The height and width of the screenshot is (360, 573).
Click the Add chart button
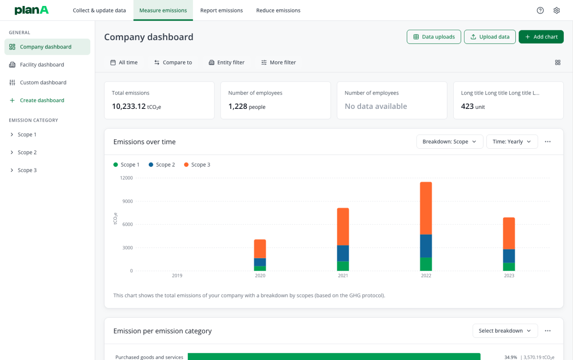541,37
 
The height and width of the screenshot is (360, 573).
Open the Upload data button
489,37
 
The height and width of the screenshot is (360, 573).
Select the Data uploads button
433,37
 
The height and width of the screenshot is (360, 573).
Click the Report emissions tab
221,10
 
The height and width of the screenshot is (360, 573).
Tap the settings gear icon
556,10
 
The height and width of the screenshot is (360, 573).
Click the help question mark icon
540,10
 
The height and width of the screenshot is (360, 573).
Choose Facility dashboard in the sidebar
42,65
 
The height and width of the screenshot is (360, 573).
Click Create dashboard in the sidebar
42,101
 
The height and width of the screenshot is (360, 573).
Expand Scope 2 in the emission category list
27,153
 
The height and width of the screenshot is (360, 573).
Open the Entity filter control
227,62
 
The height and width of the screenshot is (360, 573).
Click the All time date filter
124,62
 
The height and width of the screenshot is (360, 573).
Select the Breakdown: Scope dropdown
449,142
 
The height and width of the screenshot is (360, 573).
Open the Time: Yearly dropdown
512,142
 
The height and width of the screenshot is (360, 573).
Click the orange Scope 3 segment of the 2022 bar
426,208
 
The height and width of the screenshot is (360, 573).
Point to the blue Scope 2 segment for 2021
343,253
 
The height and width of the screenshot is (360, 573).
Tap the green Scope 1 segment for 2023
509,267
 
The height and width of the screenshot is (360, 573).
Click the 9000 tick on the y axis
128,201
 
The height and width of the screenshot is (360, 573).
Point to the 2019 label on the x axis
177,276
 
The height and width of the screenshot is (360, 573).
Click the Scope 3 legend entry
197,165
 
